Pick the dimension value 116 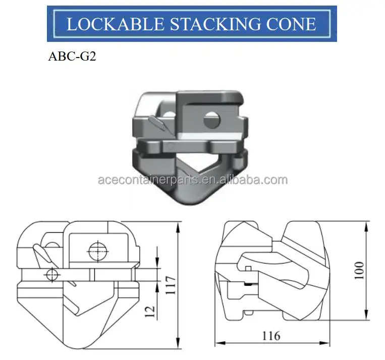(x=271, y=336)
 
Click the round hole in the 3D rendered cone (x=211, y=121)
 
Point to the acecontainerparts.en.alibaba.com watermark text (x=192, y=180)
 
